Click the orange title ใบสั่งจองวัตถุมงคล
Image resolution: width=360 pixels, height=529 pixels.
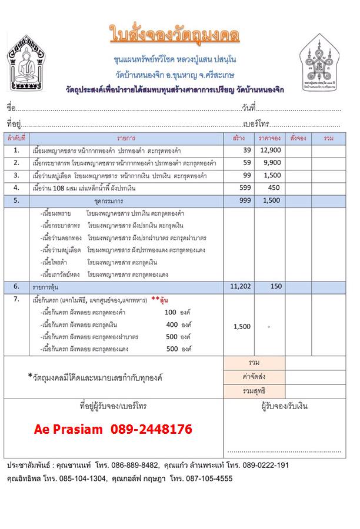[175, 35]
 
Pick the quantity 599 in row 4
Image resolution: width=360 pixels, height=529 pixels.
[238, 188]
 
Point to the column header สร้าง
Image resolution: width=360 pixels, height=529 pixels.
[238, 138]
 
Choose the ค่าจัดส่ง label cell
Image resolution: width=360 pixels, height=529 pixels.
[255, 377]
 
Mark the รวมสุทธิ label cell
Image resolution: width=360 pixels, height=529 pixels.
[255, 391]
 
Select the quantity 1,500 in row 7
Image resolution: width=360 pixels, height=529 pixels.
[238, 327]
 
